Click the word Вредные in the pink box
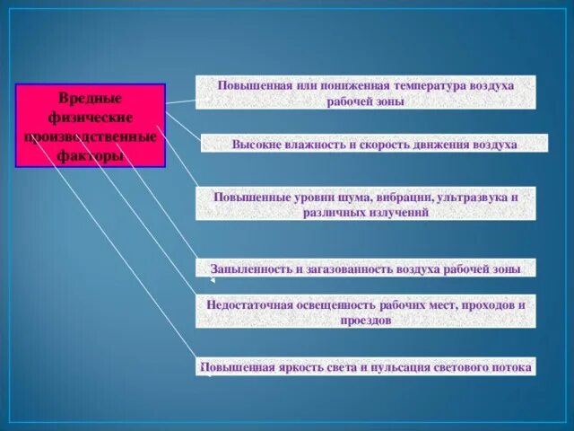pos(90,97)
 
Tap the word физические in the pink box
pos(90,117)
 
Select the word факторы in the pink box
pos(90,156)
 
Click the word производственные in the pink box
pos(90,136)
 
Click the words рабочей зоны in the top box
pos(366,101)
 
